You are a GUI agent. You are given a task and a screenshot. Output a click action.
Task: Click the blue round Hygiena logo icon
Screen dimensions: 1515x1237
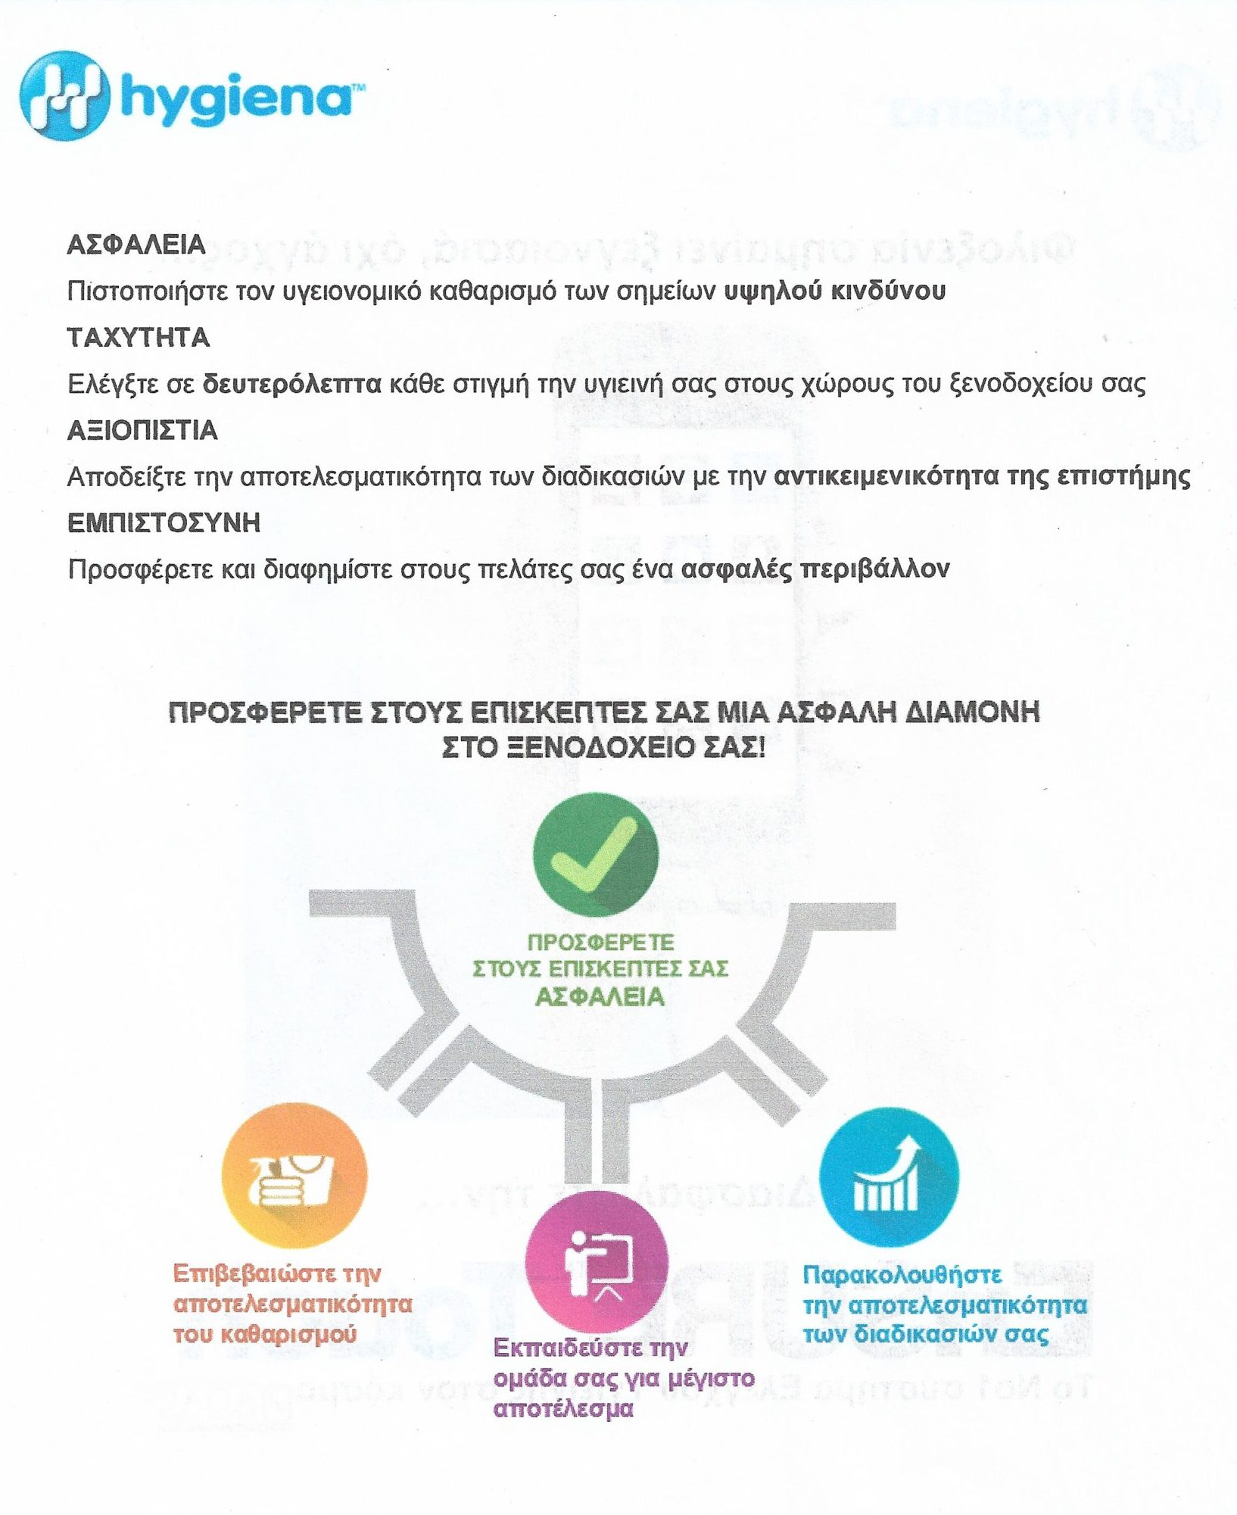64,95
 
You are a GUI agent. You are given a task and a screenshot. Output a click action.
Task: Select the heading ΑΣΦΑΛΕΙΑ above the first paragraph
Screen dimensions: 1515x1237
136,245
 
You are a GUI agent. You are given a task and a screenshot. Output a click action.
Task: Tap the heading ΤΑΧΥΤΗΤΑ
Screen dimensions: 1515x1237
139,337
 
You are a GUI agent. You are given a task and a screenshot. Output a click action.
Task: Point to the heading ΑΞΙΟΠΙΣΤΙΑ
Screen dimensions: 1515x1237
142,430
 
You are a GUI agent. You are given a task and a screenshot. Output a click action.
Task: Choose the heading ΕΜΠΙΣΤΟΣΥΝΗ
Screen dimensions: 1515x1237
164,522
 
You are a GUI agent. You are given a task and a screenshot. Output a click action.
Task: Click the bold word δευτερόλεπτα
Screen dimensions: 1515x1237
292,384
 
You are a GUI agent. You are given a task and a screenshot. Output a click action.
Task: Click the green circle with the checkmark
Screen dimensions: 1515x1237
595,855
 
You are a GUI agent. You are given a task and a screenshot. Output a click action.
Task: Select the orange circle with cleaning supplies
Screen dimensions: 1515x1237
294,1175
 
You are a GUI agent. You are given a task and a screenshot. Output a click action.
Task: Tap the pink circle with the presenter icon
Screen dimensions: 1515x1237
596,1261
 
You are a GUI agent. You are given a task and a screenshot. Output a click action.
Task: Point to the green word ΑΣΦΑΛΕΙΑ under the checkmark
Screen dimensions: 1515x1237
600,997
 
